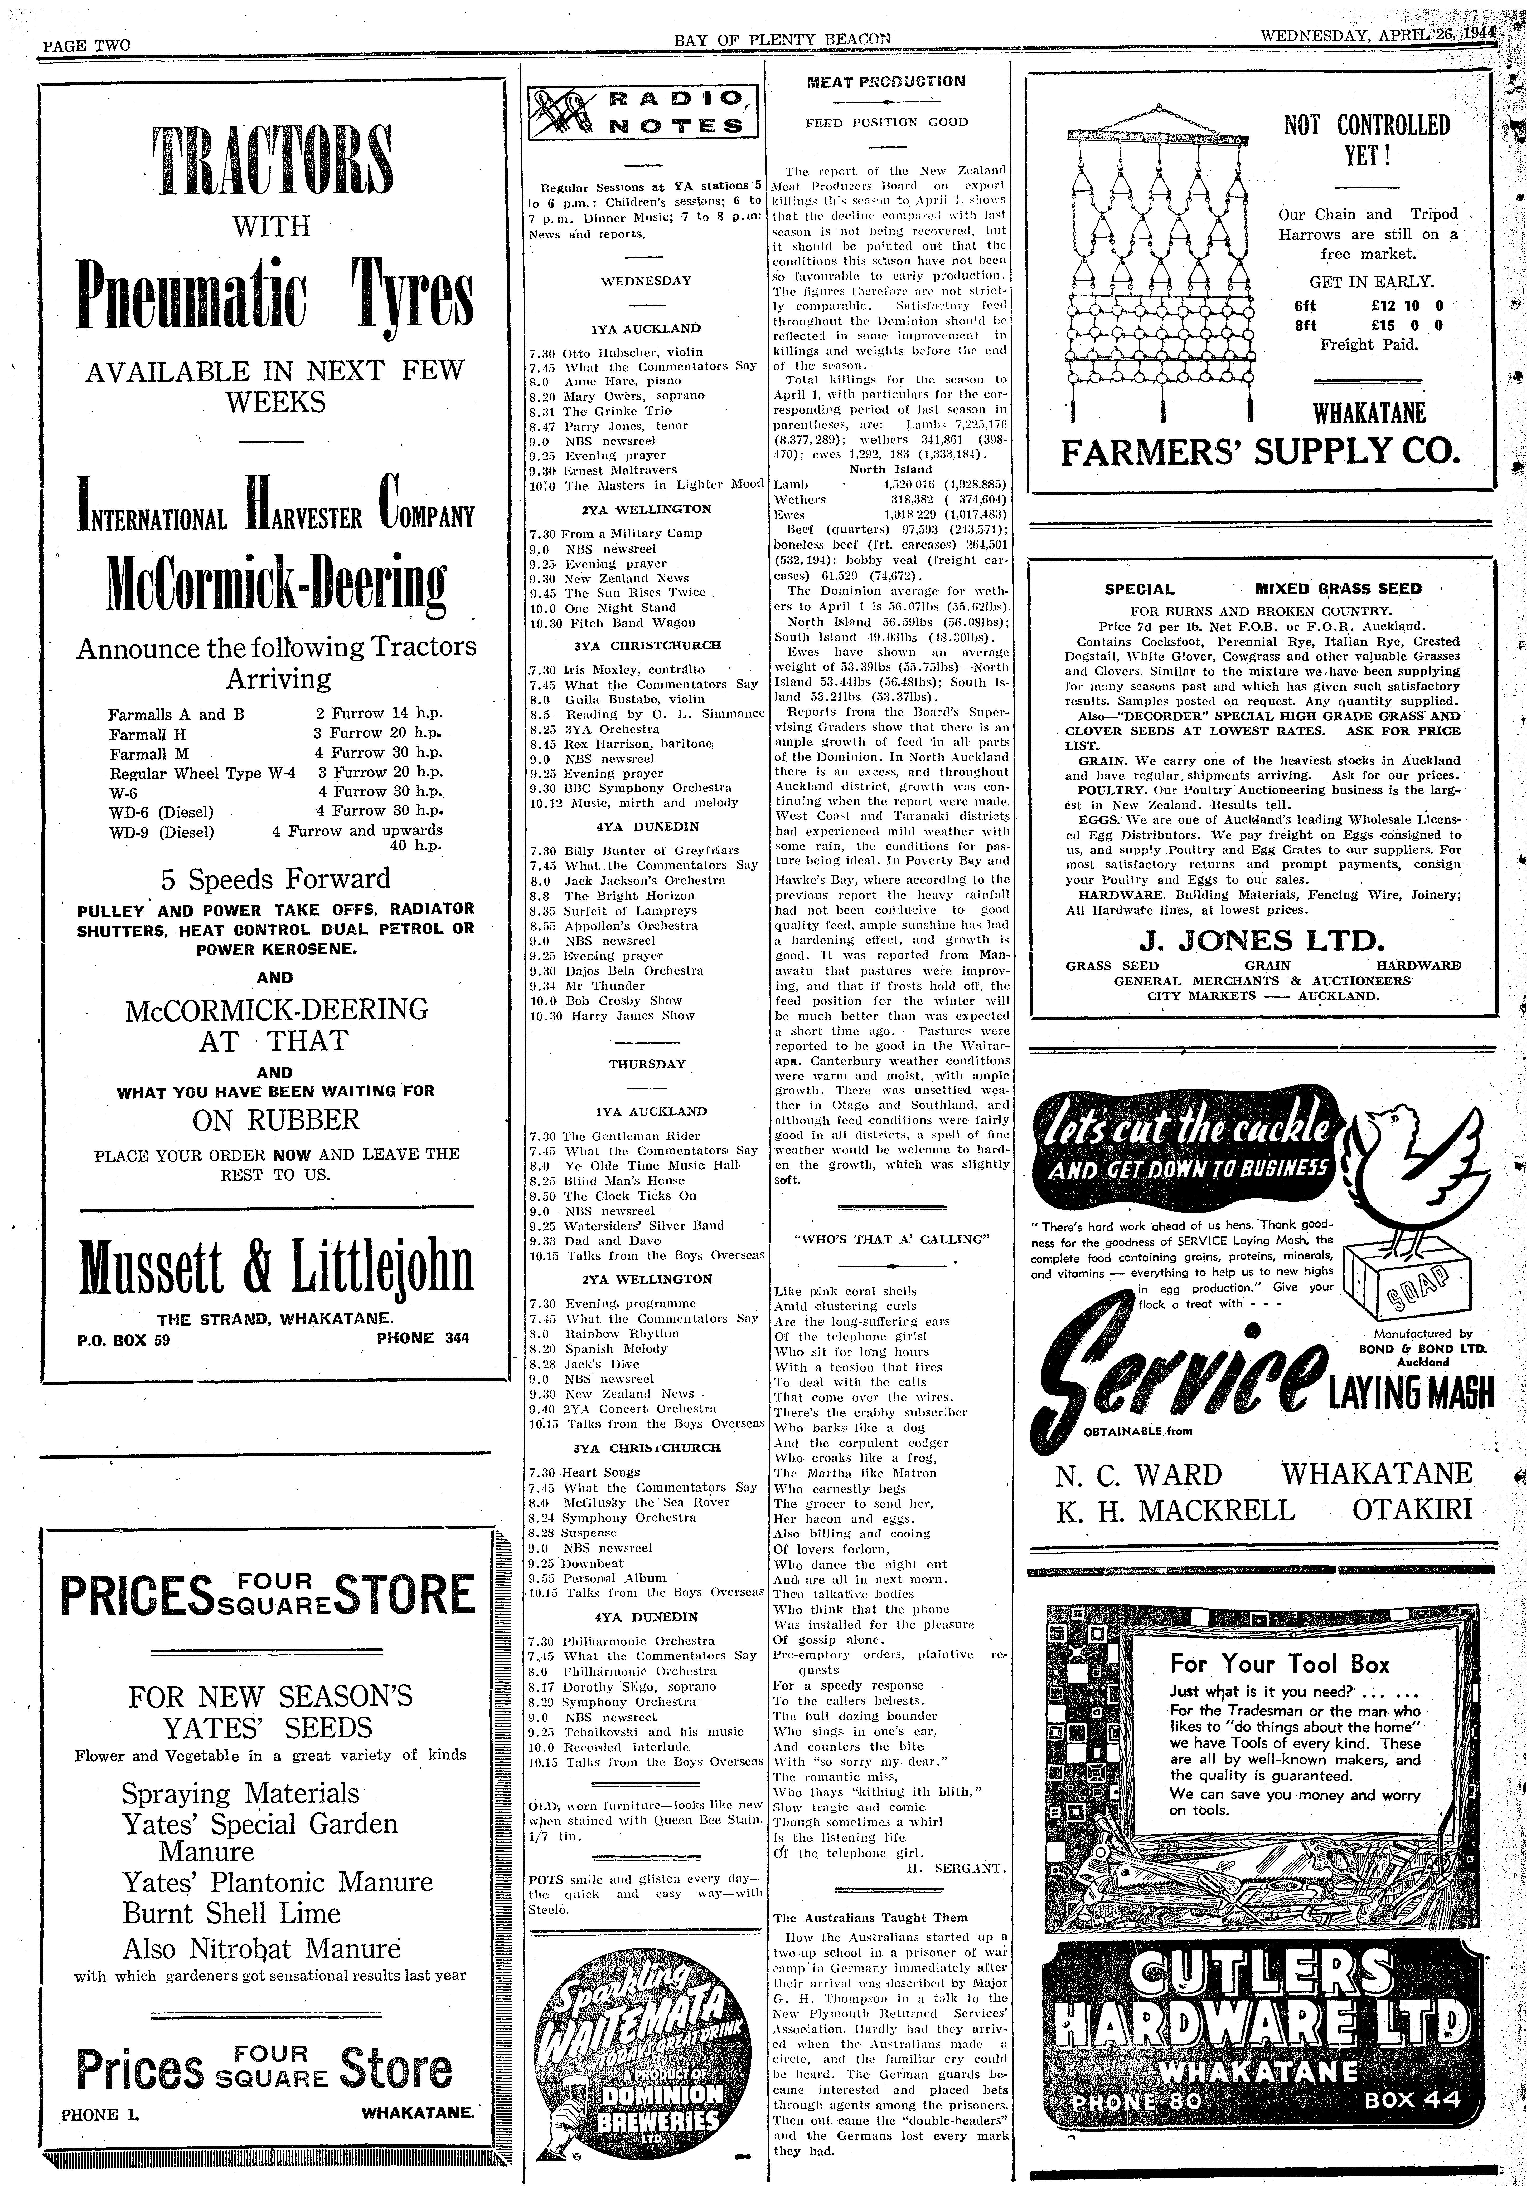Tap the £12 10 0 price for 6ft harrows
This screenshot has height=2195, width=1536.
1406,306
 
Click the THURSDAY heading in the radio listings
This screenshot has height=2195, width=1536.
647,1064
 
